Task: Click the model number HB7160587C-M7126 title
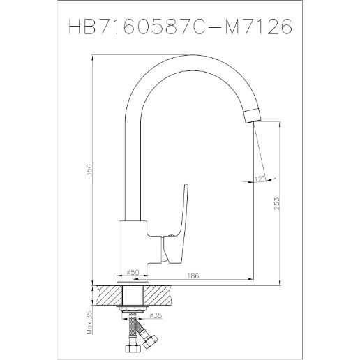[x=180, y=26]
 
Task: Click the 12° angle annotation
[x=260, y=179]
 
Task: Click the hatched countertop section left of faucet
[x=108, y=293]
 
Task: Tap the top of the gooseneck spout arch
[x=188, y=63]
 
